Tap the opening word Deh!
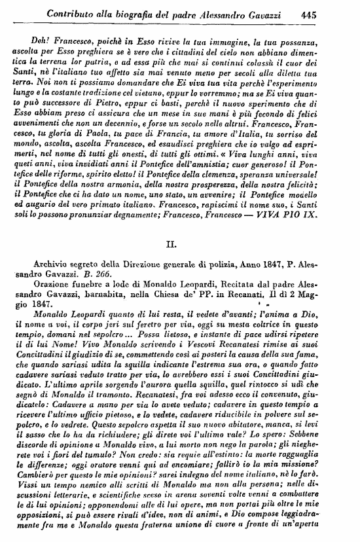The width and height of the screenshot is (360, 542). click(x=41, y=43)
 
